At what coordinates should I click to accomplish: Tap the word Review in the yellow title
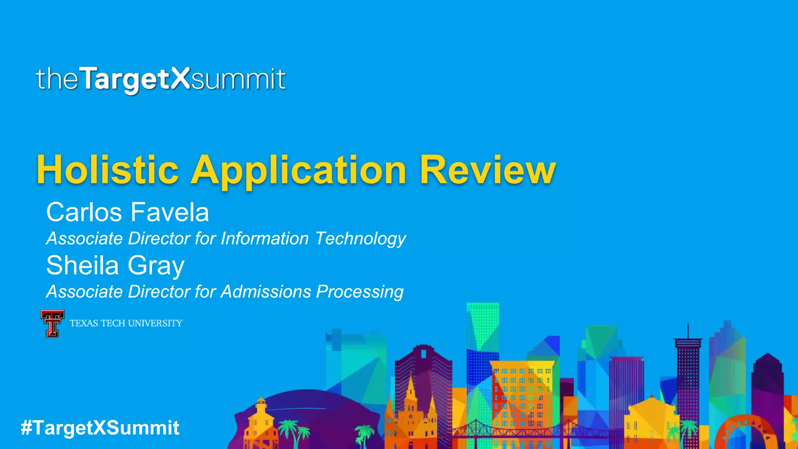pos(487,170)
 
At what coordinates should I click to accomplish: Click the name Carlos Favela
pos(127,212)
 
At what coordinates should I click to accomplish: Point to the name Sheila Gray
pos(115,266)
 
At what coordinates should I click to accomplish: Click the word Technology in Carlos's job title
pos(360,239)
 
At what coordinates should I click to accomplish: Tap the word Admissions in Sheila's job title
pos(266,292)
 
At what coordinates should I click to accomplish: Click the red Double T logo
pos(52,323)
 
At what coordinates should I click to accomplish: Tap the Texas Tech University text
pos(126,323)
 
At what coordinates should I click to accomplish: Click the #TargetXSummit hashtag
pos(100,428)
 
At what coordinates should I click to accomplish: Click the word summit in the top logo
pos(238,79)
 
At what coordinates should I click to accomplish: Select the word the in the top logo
pos(57,79)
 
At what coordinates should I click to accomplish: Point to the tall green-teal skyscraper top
pos(482,312)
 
